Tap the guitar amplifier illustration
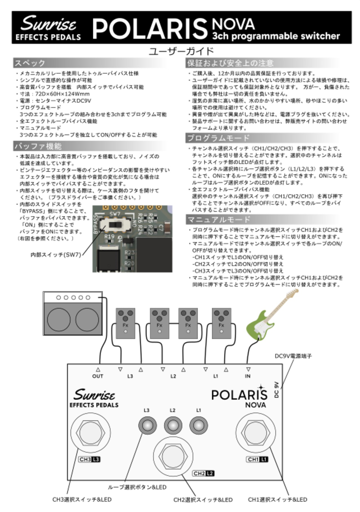(73, 313)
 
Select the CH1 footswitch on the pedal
(255, 433)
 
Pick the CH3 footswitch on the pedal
(90, 433)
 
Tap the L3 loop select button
(147, 425)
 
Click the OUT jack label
(98, 376)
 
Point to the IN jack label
(247, 376)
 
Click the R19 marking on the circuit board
(109, 237)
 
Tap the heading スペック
(30, 63)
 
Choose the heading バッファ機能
(38, 146)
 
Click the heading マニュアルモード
(219, 219)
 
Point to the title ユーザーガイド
(181, 51)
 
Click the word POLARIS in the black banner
(150, 28)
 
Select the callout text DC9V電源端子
(293, 356)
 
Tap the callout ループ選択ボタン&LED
(137, 487)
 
